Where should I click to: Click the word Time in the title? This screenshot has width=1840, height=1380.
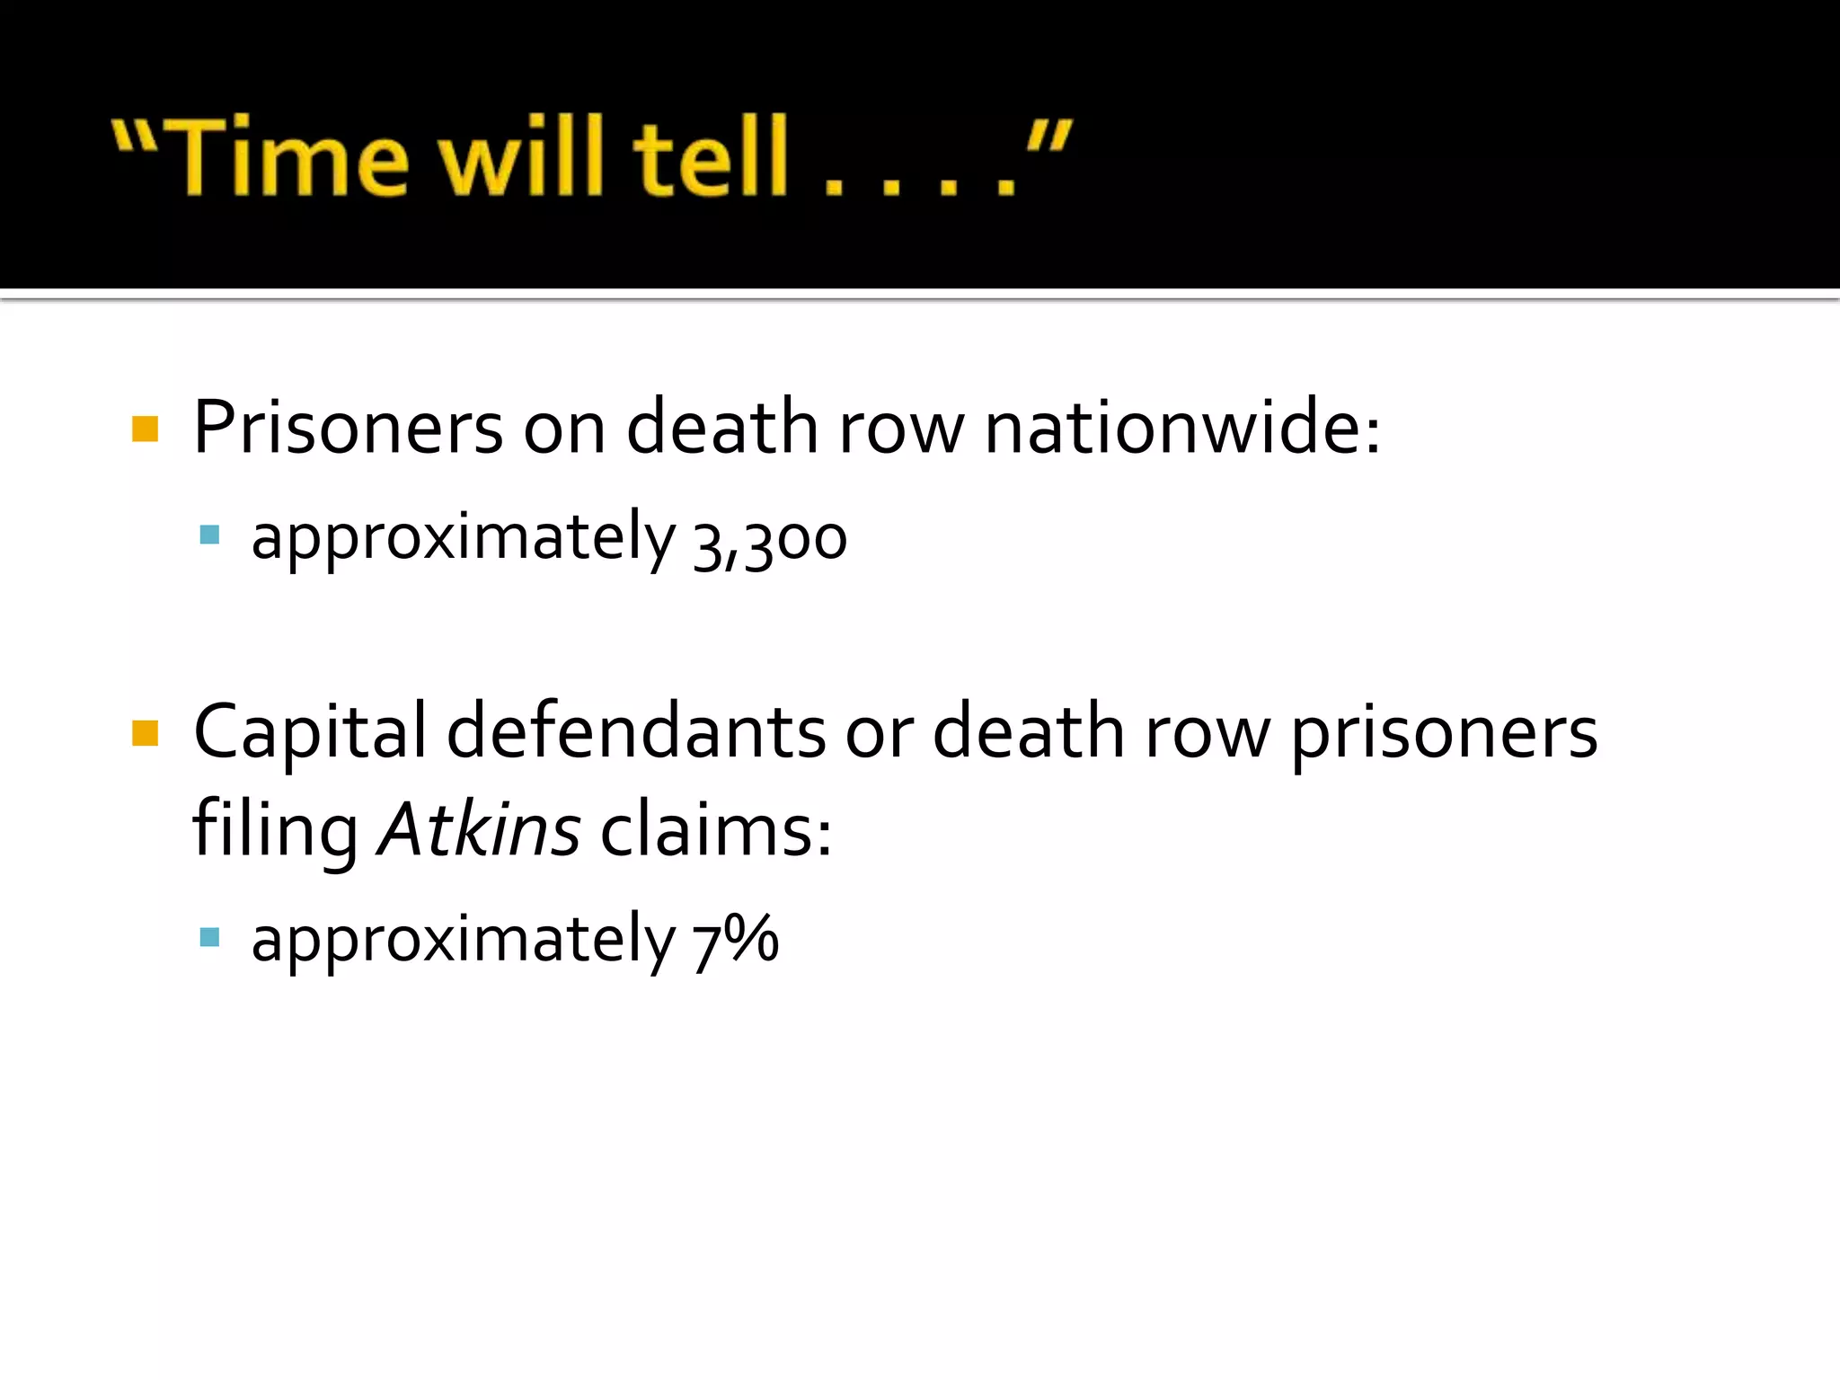[289, 156]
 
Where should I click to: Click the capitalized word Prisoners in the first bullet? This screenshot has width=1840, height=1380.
[348, 428]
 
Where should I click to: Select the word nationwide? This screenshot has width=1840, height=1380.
[1181, 428]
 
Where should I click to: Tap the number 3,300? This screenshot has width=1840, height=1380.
[770, 540]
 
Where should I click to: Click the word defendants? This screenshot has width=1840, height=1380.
[636, 731]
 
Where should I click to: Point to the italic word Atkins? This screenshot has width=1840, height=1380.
[479, 828]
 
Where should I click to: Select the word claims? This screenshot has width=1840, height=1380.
[715, 828]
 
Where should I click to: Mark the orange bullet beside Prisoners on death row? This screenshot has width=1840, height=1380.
[145, 429]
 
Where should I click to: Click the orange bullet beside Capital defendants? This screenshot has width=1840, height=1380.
[145, 733]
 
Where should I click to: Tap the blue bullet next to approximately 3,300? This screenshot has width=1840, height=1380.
[209, 535]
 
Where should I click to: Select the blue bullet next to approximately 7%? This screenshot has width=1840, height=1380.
[209, 938]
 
